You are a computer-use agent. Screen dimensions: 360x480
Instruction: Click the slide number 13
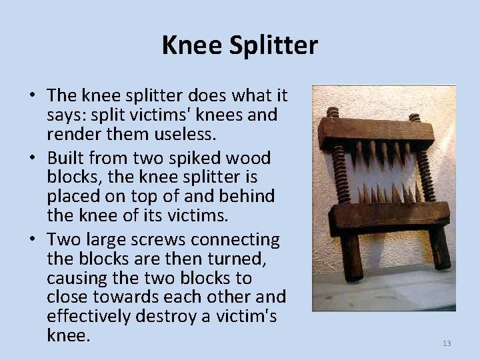pyautogui.click(x=447, y=343)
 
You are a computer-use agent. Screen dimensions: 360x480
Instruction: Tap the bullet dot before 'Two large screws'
pyautogui.click(x=33, y=239)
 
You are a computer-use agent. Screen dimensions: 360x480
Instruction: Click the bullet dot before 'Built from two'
pyautogui.click(x=33, y=159)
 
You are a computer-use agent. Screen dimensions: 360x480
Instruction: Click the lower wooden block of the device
pyautogui.click(x=377, y=215)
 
